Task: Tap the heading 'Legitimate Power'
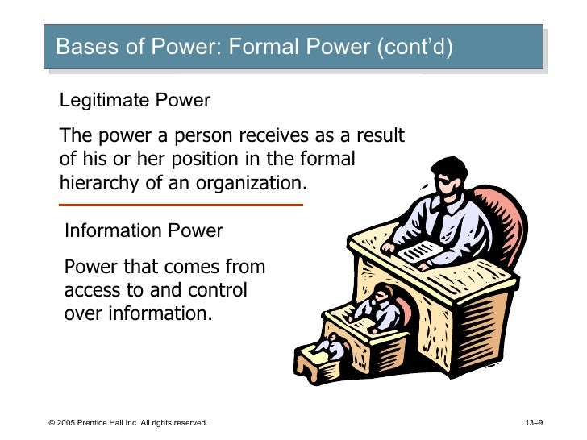(135, 101)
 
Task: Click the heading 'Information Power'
(144, 231)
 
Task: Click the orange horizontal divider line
(181, 205)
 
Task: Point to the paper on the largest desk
(420, 252)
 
